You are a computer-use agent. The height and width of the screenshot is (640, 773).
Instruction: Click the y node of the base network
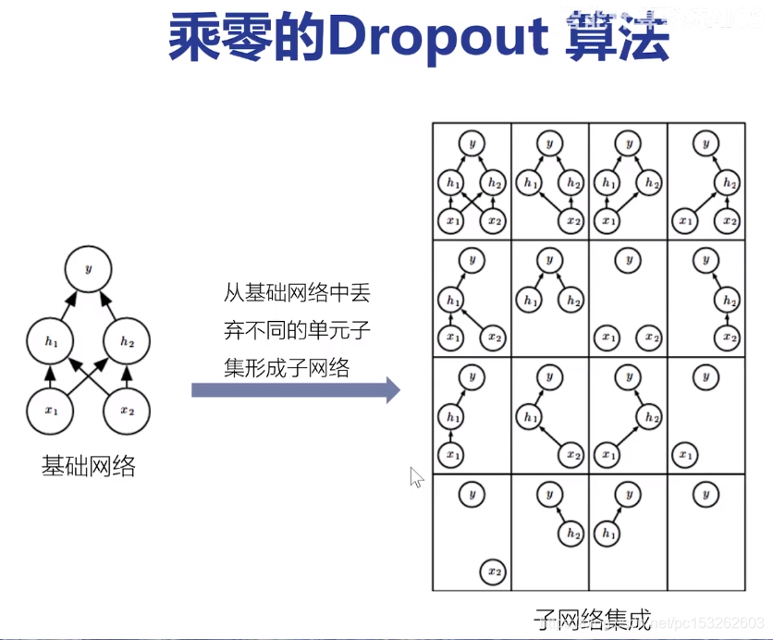pyautogui.click(x=89, y=269)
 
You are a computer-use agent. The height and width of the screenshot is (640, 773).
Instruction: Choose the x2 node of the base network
pyautogui.click(x=127, y=408)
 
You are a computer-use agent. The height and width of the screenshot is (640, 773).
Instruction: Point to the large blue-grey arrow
pyautogui.click(x=295, y=389)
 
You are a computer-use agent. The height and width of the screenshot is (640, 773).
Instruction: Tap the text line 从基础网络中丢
pyautogui.click(x=296, y=292)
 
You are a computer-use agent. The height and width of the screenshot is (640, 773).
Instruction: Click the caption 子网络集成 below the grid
pyautogui.click(x=593, y=616)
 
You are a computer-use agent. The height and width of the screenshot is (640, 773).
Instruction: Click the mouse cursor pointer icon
pyautogui.click(x=416, y=477)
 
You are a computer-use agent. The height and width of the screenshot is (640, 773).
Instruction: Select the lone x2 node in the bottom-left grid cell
pyautogui.click(x=495, y=572)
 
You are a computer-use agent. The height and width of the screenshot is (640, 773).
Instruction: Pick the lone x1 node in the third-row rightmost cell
pyautogui.click(x=684, y=454)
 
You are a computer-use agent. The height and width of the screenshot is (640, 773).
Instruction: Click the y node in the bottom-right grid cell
pyautogui.click(x=706, y=494)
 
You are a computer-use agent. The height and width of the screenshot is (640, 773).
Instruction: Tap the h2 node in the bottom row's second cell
pyautogui.click(x=573, y=534)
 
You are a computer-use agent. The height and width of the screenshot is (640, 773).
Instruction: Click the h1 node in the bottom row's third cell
pyautogui.click(x=607, y=534)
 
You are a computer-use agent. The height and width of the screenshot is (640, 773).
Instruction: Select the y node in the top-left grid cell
pyautogui.click(x=472, y=143)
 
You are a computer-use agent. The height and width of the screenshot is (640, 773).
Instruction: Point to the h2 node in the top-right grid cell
pyautogui.click(x=730, y=182)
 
